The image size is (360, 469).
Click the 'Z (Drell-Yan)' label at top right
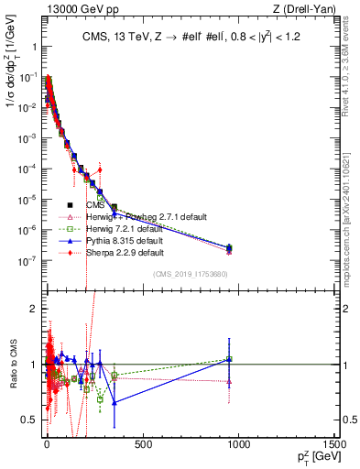click(x=303, y=9)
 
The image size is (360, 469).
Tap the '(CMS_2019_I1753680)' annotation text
click(x=190, y=274)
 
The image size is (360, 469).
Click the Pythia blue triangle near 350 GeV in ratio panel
click(x=114, y=402)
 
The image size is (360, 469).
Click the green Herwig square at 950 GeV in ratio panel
click(x=229, y=359)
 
